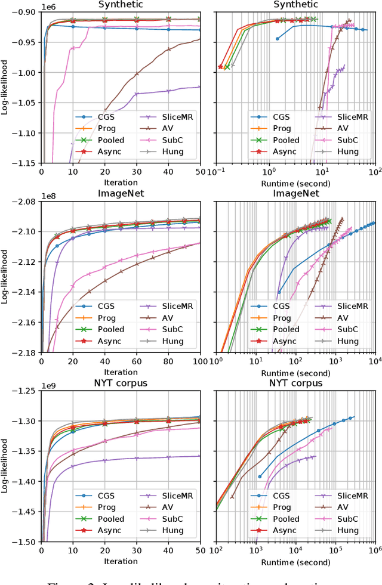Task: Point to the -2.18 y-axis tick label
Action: [x=23, y=353]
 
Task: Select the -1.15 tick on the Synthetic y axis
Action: [x=23, y=163]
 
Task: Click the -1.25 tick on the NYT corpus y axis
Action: [x=23, y=391]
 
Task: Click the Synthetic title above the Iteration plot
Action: [x=121, y=5]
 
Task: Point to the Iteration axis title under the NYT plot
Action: [x=121, y=562]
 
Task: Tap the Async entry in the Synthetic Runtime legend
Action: [x=286, y=151]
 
